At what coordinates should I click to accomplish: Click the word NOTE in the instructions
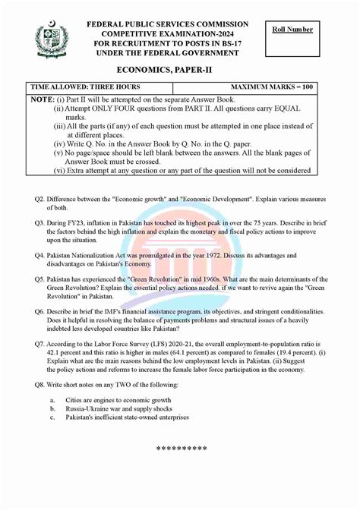coord(41,100)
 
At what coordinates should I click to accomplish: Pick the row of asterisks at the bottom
coord(182,449)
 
